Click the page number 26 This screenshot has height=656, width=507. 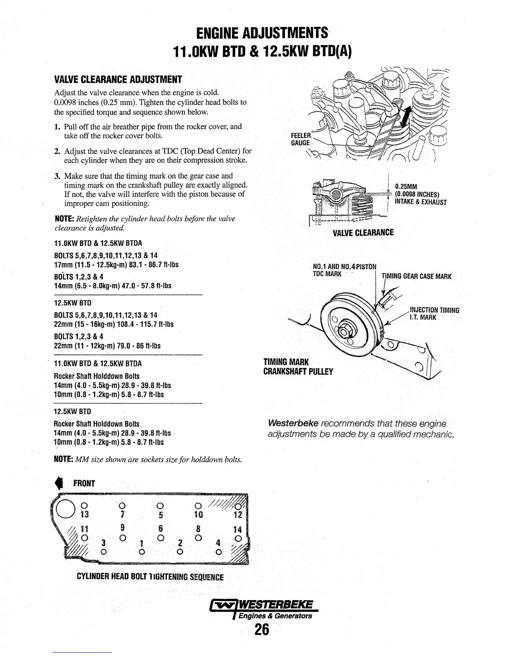(x=262, y=629)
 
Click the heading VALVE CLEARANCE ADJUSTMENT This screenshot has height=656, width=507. (x=118, y=80)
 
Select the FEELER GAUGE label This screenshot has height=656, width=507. (x=301, y=139)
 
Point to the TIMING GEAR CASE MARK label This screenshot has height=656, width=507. (x=416, y=277)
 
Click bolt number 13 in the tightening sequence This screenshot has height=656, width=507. (x=84, y=514)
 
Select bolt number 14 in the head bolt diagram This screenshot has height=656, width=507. (x=237, y=529)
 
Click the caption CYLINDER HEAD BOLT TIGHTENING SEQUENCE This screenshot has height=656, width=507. (x=150, y=577)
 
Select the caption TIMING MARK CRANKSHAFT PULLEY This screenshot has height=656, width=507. (x=298, y=367)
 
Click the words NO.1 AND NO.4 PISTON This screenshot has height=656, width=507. (x=345, y=266)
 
